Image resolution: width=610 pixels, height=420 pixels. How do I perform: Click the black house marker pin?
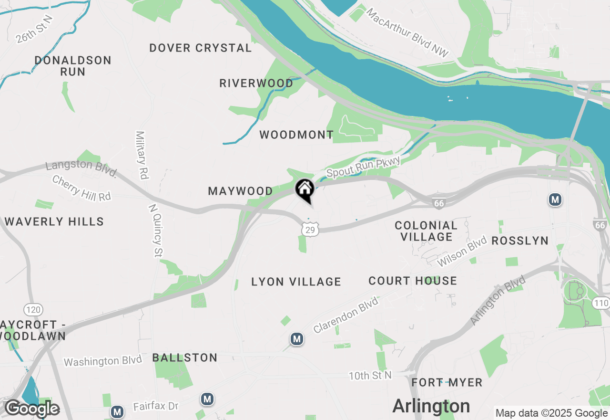click(x=305, y=190)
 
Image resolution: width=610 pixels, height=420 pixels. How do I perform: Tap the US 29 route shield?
click(x=310, y=230)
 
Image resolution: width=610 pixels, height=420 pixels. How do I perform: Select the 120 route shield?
click(x=33, y=310)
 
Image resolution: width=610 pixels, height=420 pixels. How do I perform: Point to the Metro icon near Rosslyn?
click(x=555, y=199)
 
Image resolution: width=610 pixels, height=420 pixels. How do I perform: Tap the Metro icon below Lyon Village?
click(x=297, y=339)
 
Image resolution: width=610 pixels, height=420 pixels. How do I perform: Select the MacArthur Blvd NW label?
click(x=407, y=32)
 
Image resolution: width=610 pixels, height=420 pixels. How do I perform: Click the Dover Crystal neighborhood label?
click(x=201, y=48)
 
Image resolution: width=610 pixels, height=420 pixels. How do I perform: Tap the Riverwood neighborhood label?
click(x=256, y=83)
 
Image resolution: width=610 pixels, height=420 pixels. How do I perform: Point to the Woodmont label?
click(x=296, y=135)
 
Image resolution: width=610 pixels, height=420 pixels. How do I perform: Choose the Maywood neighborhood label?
click(x=241, y=191)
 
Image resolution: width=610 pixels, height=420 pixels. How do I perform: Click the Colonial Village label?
click(x=427, y=231)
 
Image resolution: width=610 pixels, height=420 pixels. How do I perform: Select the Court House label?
click(x=413, y=281)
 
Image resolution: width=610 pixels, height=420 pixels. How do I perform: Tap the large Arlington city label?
click(x=431, y=406)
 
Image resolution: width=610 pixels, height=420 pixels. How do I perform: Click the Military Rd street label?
click(x=142, y=155)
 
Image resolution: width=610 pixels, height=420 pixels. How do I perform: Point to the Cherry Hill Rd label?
click(x=81, y=188)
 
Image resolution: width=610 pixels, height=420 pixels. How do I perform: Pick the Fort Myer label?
click(x=447, y=382)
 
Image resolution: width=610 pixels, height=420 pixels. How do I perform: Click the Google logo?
click(x=32, y=409)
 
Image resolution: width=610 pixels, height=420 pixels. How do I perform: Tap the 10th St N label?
click(x=370, y=376)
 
